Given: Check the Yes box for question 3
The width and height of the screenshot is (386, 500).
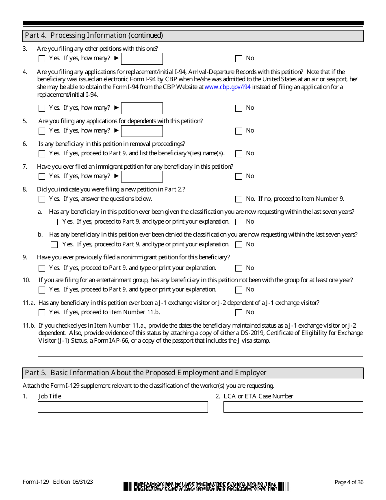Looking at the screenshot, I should [42, 59].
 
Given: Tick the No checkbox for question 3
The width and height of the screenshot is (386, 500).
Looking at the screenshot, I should [239, 59].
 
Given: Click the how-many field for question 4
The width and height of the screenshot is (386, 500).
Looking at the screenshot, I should [142, 108].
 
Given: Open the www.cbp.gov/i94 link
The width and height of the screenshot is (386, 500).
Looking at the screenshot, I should [227, 87].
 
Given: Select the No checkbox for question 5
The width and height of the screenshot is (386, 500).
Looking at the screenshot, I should [239, 131].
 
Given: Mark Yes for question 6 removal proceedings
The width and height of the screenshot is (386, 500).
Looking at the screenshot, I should [42, 154].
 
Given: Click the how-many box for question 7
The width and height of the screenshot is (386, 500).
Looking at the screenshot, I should [142, 176].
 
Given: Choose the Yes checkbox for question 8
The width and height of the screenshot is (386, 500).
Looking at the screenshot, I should [42, 199].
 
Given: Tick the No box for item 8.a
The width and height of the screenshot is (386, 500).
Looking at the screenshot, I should [239, 222].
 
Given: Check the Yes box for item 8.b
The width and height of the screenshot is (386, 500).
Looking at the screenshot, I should [54, 245].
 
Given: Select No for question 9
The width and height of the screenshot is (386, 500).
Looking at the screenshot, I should [239, 268].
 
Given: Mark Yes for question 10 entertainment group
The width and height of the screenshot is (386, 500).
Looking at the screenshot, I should [42, 290].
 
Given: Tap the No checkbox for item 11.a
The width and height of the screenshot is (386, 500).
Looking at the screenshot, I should [239, 313].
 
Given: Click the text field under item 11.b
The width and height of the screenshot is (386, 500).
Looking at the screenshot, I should [200, 350].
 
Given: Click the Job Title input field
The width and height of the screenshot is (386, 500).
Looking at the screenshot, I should [123, 407].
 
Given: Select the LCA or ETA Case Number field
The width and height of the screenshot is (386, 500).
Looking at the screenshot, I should [293, 407].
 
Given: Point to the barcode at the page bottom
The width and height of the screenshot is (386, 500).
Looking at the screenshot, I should [206, 486].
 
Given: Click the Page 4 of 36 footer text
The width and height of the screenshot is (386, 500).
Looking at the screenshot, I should [349, 482].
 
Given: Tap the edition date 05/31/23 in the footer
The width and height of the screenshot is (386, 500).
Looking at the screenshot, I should [83, 482].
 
